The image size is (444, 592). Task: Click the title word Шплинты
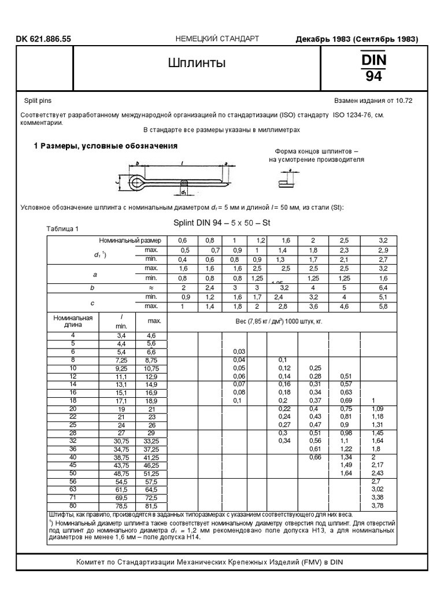(197, 62)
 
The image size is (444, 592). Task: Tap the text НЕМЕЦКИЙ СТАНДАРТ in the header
(217, 39)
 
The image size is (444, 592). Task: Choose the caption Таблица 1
(62, 229)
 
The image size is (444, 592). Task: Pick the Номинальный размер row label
(131, 240)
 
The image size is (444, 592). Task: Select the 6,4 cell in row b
(382, 287)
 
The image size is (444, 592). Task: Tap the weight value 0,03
(238, 351)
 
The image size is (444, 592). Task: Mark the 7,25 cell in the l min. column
(121, 360)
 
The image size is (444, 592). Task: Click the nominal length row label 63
(73, 489)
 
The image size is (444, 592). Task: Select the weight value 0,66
(315, 457)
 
